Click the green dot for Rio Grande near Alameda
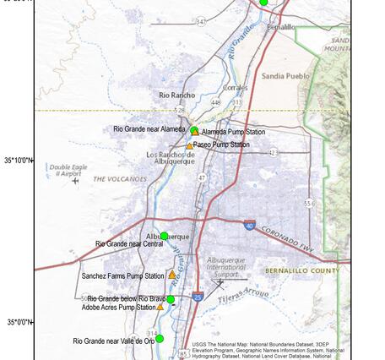(x=193, y=130)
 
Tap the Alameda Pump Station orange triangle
(x=196, y=133)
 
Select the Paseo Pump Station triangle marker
(x=189, y=145)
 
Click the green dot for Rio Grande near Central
(x=165, y=236)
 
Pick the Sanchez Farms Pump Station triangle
(x=171, y=275)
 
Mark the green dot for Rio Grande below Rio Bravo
(x=171, y=299)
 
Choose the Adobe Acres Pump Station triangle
(x=160, y=307)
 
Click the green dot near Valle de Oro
(x=160, y=339)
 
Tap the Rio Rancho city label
(x=177, y=95)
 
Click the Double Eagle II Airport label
(x=64, y=170)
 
